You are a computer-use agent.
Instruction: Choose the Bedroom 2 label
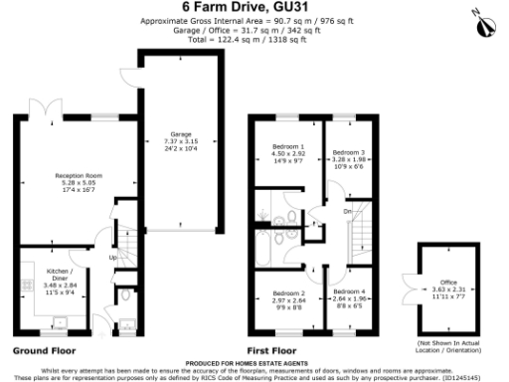(x=288, y=294)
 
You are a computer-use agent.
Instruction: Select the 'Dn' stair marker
(x=348, y=211)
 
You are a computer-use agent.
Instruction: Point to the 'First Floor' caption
(x=272, y=351)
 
